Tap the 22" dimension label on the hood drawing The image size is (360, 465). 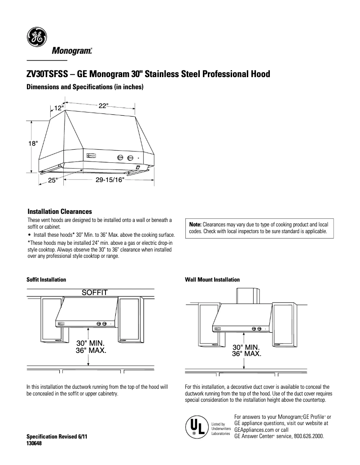tap(103, 105)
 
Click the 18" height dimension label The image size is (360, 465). tap(33, 143)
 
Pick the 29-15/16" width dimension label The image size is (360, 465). tap(110, 180)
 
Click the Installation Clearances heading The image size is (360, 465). tap(60, 211)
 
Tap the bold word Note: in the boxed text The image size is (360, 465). tap(195, 224)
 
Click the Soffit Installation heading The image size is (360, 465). tap(47, 279)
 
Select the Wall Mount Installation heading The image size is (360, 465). tap(212, 279)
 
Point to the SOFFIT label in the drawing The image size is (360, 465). tap(94, 293)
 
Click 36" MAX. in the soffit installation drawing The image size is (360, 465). tap(91, 351)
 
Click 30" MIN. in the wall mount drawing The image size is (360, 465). tap(246, 347)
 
